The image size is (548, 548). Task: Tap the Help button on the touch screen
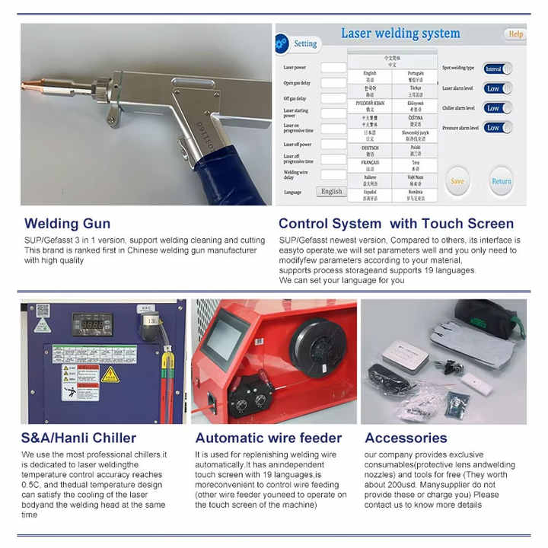click(515, 34)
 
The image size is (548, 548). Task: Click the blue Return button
click(501, 181)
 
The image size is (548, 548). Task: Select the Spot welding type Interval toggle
click(497, 68)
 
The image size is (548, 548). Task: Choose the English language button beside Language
click(331, 192)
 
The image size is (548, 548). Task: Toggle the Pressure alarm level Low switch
click(497, 128)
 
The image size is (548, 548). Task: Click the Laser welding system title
click(400, 33)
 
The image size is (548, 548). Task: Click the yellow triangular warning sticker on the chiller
click(110, 374)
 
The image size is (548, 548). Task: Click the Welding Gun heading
click(67, 224)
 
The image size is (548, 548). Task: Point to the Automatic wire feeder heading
click(269, 438)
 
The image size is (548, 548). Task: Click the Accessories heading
click(406, 438)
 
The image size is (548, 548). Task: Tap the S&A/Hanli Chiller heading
click(79, 438)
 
